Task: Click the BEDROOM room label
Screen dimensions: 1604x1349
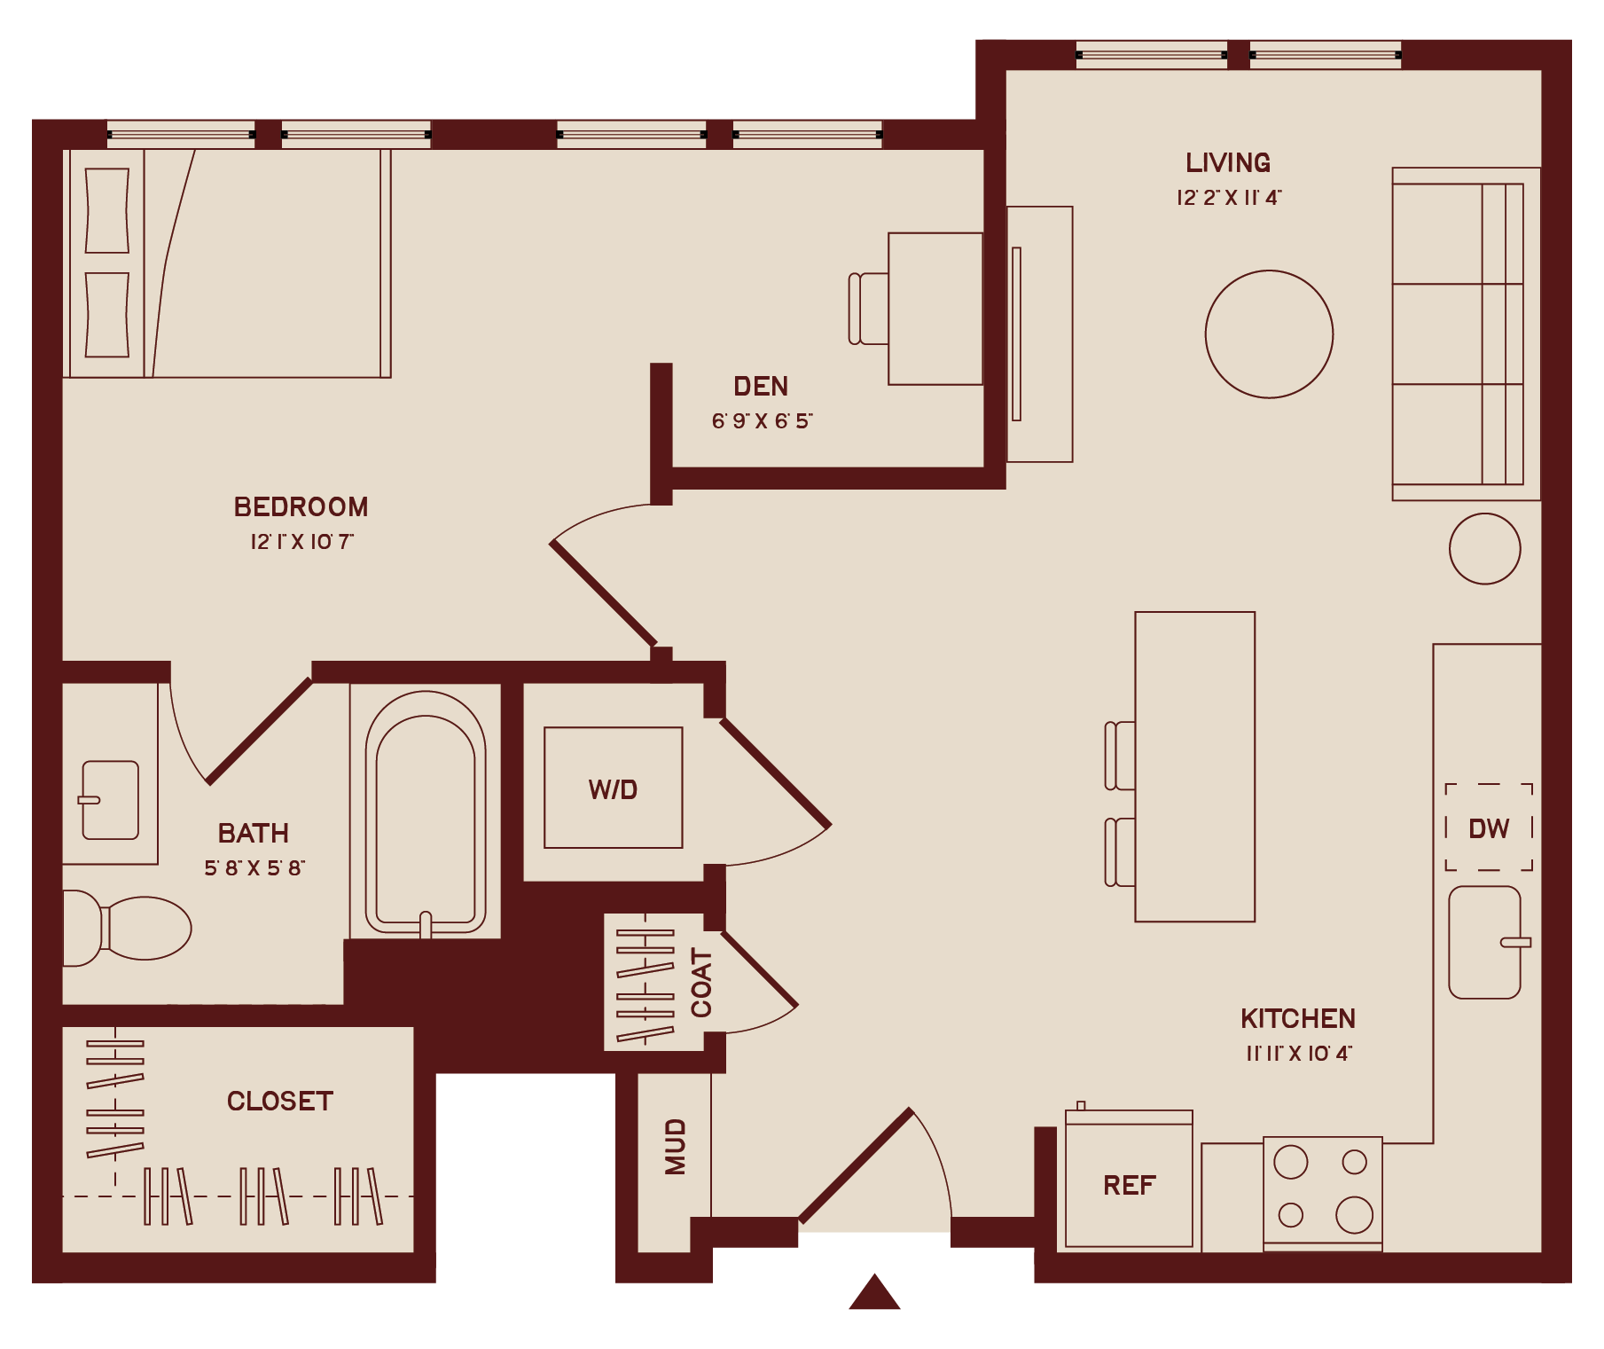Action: (x=301, y=506)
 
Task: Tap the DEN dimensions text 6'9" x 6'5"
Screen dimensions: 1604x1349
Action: (x=762, y=420)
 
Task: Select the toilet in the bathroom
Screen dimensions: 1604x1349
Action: (x=128, y=928)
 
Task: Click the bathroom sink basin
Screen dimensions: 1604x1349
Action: (x=109, y=800)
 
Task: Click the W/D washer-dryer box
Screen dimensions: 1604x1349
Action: (x=614, y=788)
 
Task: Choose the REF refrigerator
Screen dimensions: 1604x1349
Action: (x=1129, y=1180)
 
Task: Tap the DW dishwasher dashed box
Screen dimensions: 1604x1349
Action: (x=1489, y=827)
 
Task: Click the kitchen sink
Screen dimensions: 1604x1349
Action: (x=1485, y=942)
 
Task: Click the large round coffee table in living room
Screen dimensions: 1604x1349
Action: (x=1269, y=334)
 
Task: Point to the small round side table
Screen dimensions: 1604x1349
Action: (x=1485, y=549)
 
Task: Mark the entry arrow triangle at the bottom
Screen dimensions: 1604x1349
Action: (x=874, y=1292)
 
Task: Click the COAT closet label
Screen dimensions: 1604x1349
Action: (x=701, y=983)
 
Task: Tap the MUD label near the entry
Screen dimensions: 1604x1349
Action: (x=676, y=1147)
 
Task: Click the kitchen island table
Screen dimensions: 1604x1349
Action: (x=1195, y=767)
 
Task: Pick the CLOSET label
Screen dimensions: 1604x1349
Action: (x=280, y=1101)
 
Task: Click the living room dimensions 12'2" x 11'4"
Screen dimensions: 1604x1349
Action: (x=1229, y=197)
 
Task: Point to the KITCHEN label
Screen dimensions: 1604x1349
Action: (x=1298, y=1018)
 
